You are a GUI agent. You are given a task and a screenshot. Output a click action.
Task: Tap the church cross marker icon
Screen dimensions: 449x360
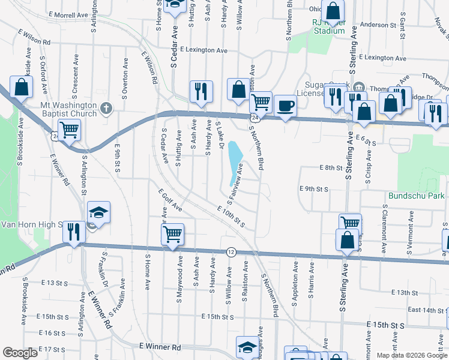coord(106,109)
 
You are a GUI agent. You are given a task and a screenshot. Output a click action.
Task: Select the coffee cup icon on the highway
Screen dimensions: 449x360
coord(285,106)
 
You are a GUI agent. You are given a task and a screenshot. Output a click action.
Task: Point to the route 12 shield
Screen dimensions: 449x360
coord(231,252)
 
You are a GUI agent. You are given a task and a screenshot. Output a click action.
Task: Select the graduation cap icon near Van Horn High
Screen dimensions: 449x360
coord(98,212)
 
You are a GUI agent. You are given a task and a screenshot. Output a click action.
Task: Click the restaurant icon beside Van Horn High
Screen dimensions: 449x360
coord(74,231)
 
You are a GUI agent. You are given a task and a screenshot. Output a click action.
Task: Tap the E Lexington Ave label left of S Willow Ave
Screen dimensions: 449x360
coord(203,50)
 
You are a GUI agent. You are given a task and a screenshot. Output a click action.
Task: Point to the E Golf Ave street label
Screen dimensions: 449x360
coord(170,200)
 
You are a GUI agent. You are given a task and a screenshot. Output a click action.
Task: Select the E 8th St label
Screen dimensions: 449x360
coord(330,168)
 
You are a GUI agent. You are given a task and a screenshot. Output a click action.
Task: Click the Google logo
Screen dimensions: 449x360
coord(20,353)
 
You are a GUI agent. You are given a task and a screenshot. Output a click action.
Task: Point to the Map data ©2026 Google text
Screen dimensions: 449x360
coord(412,355)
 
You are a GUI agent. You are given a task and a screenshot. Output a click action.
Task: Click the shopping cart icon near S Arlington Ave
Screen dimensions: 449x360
coord(70,128)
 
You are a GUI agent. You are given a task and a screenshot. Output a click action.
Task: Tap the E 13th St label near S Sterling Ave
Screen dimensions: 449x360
coord(403,292)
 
